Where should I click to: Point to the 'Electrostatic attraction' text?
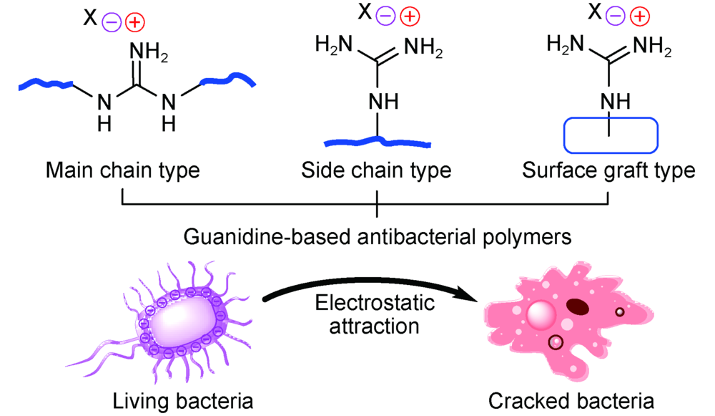[375, 314]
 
